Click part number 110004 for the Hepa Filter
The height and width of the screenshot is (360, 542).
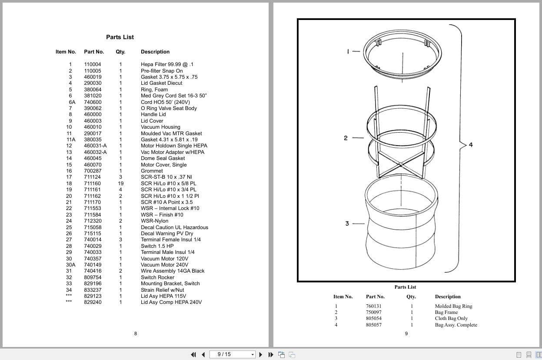click(93, 64)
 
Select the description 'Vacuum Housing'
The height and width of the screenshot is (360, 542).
click(160, 127)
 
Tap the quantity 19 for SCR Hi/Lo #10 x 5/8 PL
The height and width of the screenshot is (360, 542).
click(120, 183)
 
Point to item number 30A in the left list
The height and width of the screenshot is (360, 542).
click(71, 265)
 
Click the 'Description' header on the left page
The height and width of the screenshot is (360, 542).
click(155, 52)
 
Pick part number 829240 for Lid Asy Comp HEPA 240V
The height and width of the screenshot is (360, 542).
click(93, 302)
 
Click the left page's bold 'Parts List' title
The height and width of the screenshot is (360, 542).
click(120, 37)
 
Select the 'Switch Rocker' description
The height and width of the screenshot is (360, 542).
click(157, 277)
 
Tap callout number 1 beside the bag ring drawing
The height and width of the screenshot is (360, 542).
click(348, 51)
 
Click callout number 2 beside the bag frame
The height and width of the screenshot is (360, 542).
click(346, 138)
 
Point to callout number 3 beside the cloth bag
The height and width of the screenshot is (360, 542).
click(347, 223)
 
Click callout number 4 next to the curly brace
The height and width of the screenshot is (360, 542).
click(471, 145)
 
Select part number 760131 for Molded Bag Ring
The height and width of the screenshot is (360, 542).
click(374, 306)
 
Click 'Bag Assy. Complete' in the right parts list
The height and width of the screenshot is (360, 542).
click(456, 325)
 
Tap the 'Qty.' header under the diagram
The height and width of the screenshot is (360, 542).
click(411, 297)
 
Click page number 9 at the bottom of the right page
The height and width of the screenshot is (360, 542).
click(406, 333)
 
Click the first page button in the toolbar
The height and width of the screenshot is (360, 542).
click(193, 355)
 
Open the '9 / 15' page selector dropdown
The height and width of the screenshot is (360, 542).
click(253, 355)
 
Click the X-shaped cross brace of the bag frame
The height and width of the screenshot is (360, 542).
click(400, 165)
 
